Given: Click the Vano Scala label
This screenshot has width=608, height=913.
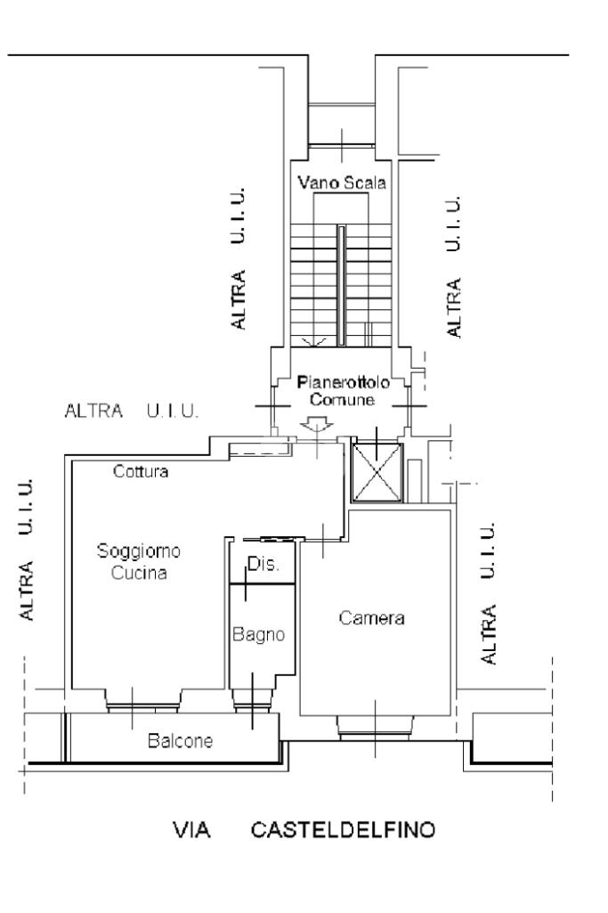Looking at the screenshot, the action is (x=342, y=183).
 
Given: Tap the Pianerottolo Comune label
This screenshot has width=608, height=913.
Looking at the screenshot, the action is (x=343, y=391).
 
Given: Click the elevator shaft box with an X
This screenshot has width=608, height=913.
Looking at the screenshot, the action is (x=377, y=472).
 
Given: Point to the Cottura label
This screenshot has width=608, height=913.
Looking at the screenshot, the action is (x=141, y=471).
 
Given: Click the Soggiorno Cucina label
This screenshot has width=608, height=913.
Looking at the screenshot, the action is (x=139, y=561).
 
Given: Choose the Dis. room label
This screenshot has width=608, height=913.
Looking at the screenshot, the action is (x=263, y=564).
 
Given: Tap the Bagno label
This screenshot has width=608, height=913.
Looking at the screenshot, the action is (x=259, y=634).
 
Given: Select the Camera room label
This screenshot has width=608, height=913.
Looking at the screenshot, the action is (x=372, y=618).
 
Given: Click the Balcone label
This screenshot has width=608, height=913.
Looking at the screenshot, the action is (x=181, y=741).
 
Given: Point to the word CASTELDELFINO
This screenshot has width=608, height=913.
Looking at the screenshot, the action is (x=344, y=830).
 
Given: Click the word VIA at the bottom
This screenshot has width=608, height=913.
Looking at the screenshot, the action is (x=191, y=830).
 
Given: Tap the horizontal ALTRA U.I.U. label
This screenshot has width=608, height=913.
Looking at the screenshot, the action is (x=132, y=412).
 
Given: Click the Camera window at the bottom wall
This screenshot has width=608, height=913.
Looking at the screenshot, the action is (x=376, y=728).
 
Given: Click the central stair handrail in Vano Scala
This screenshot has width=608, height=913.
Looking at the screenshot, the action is (x=342, y=286).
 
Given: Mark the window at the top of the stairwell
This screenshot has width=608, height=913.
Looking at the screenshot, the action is (x=342, y=125).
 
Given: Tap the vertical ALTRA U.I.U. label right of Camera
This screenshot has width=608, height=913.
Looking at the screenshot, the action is (x=488, y=592).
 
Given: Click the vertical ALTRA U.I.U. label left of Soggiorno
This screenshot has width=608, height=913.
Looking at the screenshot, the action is (x=26, y=550).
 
